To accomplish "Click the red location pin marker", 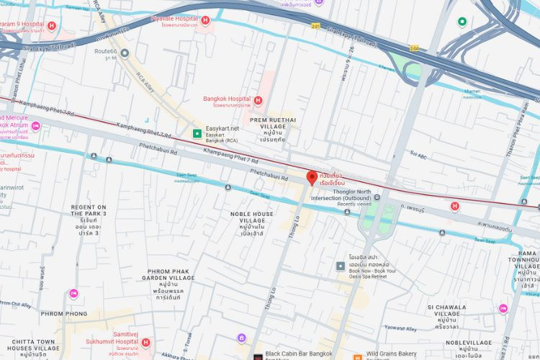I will coord(312,178).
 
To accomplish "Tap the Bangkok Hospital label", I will coord(226,99).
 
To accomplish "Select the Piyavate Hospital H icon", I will coord(205,21).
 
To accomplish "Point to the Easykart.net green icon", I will coord(196,132).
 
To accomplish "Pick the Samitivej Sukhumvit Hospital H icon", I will coord(146,343).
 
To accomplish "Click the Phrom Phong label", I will coord(64,314).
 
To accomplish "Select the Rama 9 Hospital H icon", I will coord(51,26).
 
